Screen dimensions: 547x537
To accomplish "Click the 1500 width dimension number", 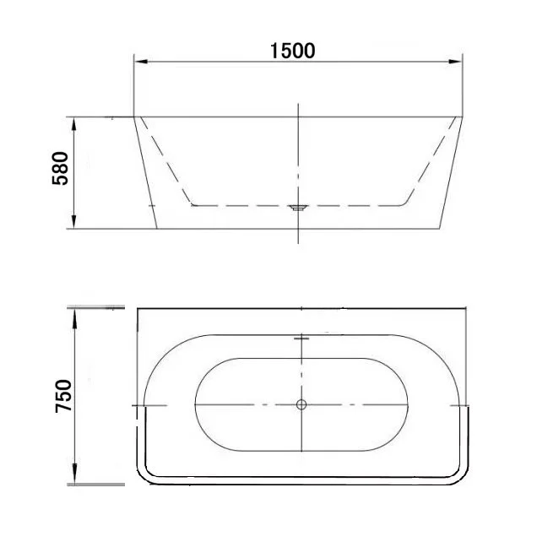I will point(292,50).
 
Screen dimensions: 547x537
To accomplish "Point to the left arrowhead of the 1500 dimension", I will point(141,61).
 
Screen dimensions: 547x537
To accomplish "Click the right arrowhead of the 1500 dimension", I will point(457,61).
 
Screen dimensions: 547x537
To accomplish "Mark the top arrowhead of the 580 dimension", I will point(75,122).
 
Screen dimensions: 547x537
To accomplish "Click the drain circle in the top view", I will point(301,405).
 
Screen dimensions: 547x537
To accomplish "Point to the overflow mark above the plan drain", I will point(301,338).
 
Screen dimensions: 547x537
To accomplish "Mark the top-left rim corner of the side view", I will point(135,116).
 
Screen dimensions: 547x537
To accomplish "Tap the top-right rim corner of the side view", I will point(463,116).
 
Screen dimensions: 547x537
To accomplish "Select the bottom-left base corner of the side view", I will point(157,228).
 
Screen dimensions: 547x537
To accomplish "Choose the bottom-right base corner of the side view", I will point(441,228).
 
